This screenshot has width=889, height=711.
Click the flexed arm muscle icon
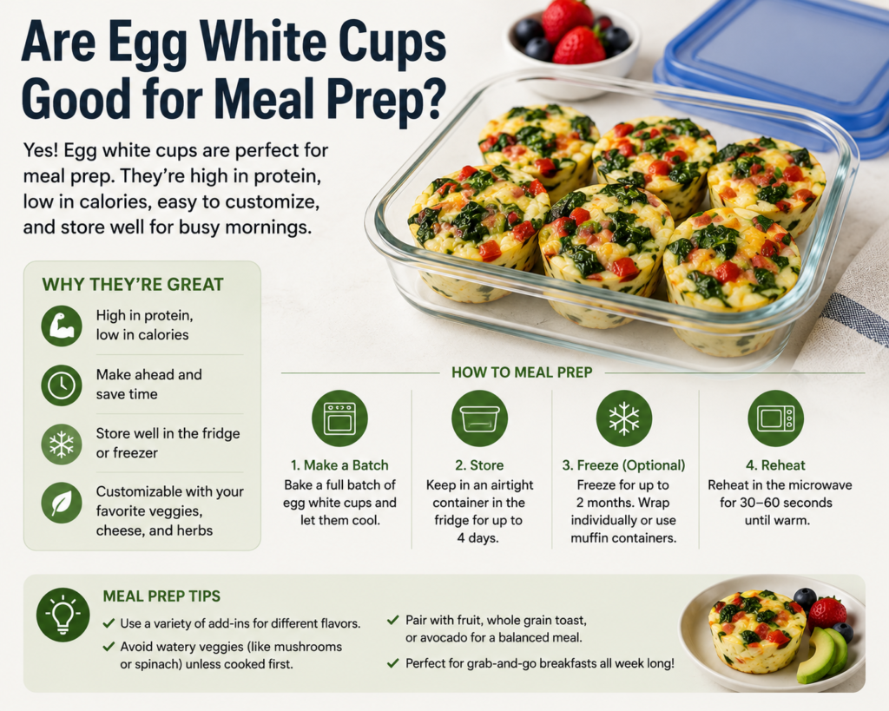[62, 326]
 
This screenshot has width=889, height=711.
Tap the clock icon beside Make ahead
[62, 385]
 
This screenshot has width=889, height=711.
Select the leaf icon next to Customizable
[62, 503]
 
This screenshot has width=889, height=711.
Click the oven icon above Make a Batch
[339, 418]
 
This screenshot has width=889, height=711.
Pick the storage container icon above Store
[479, 418]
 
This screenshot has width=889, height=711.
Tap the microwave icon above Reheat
[775, 418]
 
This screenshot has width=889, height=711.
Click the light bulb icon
[63, 615]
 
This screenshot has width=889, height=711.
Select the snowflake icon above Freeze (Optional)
[623, 418]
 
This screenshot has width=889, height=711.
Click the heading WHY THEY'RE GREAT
[133, 284]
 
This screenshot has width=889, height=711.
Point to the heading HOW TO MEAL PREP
[522, 372]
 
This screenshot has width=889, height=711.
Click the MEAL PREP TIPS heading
[161, 596]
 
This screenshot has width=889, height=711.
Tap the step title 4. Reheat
[775, 465]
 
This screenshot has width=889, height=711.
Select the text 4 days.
[478, 537]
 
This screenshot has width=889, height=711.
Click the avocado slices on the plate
[821, 655]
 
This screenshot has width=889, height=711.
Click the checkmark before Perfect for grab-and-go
[392, 662]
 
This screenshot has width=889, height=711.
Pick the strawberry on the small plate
[826, 612]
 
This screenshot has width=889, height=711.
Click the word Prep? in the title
[386, 100]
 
